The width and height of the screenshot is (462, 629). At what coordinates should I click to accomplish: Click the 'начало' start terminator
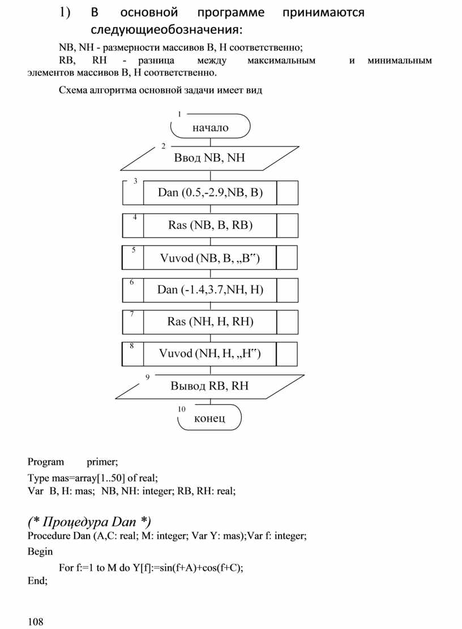[210, 127]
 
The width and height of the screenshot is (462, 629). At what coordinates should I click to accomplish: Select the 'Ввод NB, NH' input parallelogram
[209, 158]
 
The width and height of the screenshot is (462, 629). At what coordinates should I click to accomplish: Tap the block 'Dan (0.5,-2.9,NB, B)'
[210, 193]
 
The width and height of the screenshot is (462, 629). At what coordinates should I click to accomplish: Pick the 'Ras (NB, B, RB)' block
[210, 225]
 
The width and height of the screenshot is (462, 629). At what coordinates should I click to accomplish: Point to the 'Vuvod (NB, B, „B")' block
[210, 258]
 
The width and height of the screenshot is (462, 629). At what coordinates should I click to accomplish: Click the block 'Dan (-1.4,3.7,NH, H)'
[210, 290]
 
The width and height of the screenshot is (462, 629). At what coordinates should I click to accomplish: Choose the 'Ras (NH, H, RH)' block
[210, 322]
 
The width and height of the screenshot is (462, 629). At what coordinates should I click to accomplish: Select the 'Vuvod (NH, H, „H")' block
[210, 354]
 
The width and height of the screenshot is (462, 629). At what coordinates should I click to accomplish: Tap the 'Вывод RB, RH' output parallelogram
[209, 386]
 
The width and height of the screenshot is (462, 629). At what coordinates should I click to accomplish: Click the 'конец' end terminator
[209, 418]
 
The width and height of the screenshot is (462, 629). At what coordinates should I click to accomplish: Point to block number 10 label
[182, 409]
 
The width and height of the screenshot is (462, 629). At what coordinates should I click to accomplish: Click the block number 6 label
[131, 282]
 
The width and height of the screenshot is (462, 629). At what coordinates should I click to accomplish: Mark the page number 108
[35, 622]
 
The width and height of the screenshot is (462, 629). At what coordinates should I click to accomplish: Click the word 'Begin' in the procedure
[40, 551]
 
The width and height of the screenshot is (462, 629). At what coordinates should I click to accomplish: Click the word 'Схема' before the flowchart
[74, 91]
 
